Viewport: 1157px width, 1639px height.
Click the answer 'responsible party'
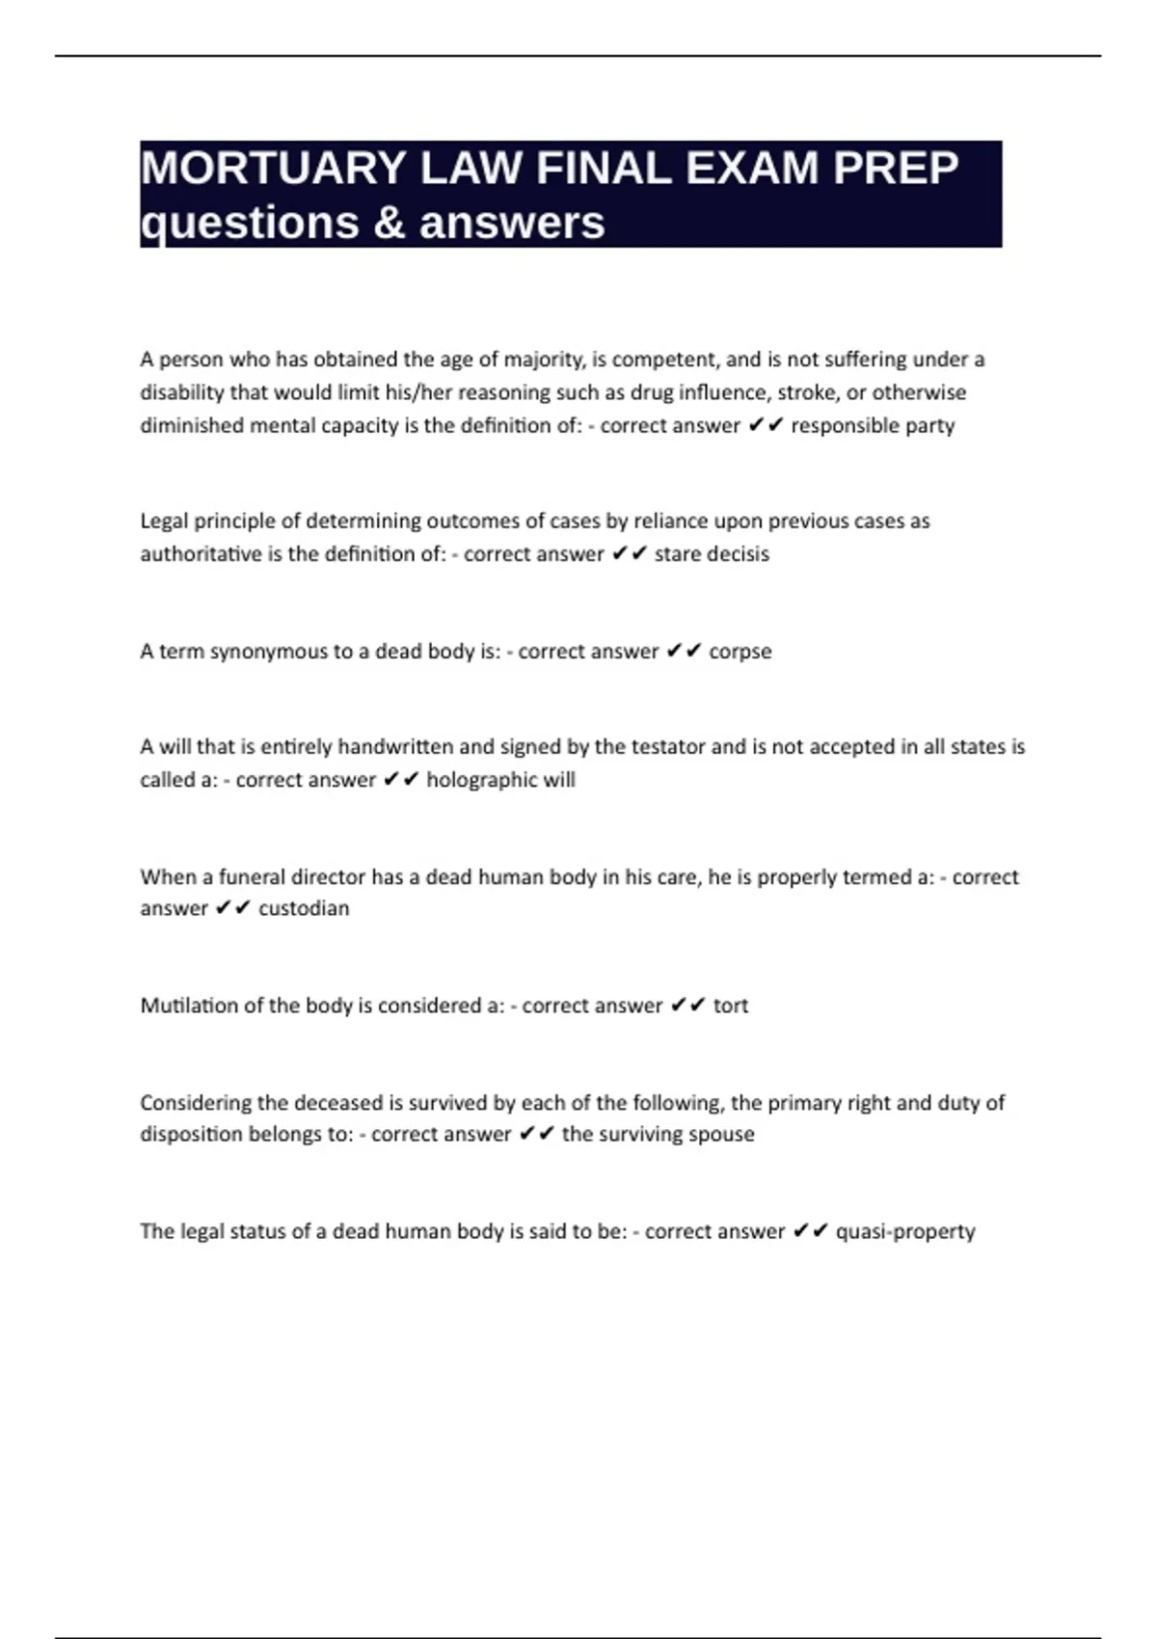point(873,425)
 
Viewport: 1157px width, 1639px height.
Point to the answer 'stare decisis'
point(712,554)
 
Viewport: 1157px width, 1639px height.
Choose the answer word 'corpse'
point(740,652)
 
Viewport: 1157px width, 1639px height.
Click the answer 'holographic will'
point(500,780)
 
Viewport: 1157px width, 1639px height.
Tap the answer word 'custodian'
point(304,908)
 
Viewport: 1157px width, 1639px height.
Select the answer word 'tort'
point(730,1006)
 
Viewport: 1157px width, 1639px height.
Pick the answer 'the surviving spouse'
point(658,1134)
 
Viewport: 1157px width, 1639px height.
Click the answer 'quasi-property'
point(905,1231)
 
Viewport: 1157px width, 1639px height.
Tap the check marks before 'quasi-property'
point(810,1231)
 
